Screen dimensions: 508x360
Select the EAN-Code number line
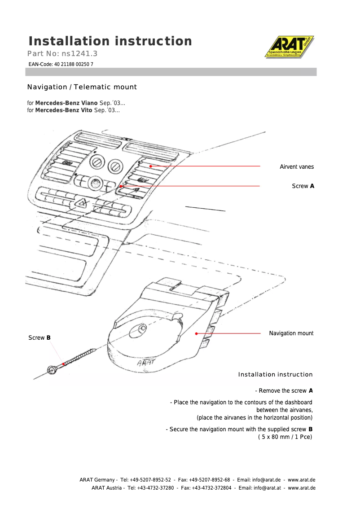tap(61, 65)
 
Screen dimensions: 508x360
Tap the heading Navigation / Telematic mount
tap(82, 87)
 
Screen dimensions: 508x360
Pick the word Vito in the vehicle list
tap(86, 110)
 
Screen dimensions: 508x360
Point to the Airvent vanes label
tap(297, 167)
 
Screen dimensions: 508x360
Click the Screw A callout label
tap(303, 186)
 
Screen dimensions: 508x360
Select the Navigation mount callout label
tap(291, 333)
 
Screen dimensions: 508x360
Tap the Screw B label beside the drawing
tap(40, 338)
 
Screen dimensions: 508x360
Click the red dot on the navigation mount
tap(196, 333)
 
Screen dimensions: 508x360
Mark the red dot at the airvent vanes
tap(151, 166)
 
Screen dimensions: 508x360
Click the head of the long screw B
tap(52, 370)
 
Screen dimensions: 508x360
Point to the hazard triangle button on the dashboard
tap(82, 204)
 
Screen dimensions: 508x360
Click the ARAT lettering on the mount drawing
tap(145, 362)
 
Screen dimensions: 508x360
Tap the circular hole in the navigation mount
tap(136, 332)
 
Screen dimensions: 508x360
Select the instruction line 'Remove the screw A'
tap(284, 391)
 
